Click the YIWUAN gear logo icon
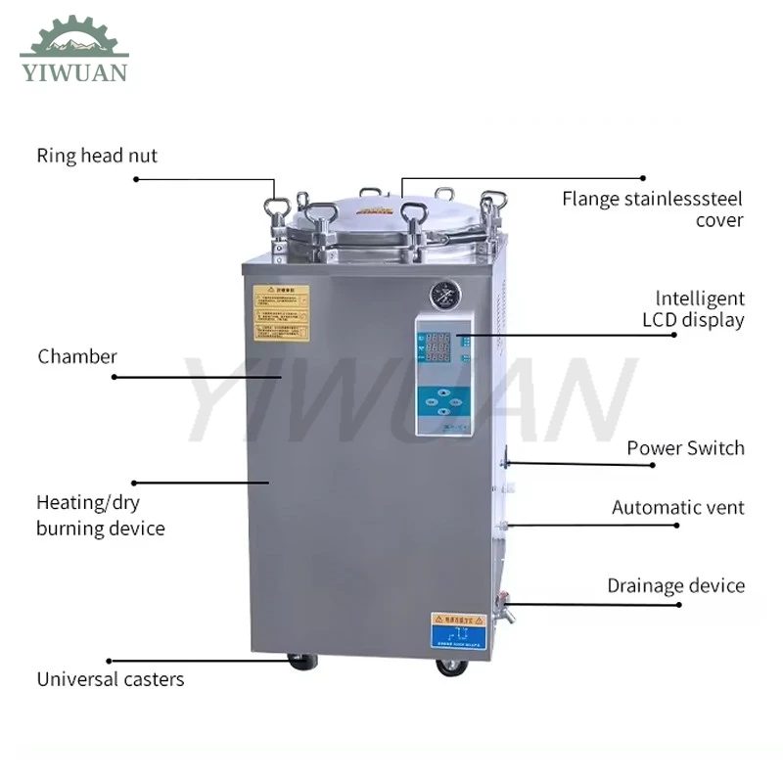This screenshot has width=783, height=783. pyautogui.click(x=74, y=37)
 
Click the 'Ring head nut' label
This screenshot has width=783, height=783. pyautogui.click(x=97, y=156)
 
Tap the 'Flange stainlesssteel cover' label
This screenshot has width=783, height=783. pyautogui.click(x=652, y=209)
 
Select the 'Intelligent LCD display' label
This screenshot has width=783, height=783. pyautogui.click(x=693, y=309)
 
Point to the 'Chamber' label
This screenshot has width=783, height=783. pyautogui.click(x=77, y=356)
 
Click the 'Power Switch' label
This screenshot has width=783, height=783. pyautogui.click(x=685, y=448)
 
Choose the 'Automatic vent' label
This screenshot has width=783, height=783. pyautogui.click(x=677, y=507)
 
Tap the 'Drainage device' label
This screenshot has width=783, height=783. pyautogui.click(x=675, y=586)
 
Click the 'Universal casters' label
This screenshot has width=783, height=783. pyautogui.click(x=111, y=679)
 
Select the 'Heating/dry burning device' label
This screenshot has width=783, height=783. pyautogui.click(x=100, y=516)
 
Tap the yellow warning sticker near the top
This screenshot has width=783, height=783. pyautogui.click(x=282, y=312)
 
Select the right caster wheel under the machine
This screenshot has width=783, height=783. pyautogui.click(x=452, y=667)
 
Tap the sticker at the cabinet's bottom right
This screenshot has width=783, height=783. pyautogui.click(x=457, y=630)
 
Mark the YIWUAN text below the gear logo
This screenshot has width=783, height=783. pyautogui.click(x=73, y=72)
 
